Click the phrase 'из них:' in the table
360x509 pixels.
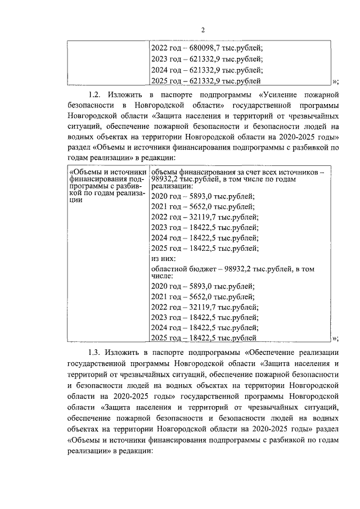(164, 259)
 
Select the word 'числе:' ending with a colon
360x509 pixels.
(163, 277)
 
